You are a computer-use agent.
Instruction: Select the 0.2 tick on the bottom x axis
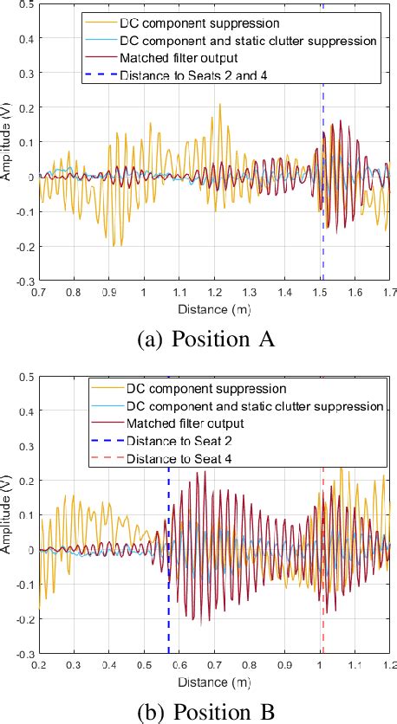coord(39,665)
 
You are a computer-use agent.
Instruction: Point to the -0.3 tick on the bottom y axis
coord(26,654)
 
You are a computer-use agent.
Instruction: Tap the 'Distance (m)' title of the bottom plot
coord(213,680)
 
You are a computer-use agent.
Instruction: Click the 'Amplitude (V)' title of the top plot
coord(7,144)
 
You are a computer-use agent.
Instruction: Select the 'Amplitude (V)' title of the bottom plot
coord(7,516)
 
